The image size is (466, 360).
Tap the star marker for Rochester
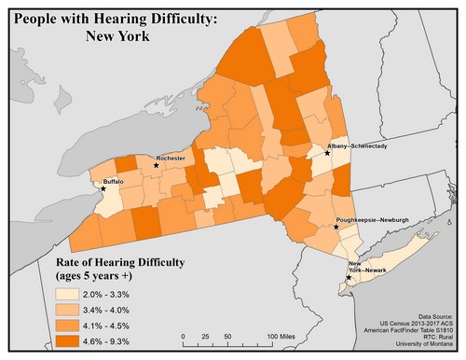pyautogui.click(x=156, y=165)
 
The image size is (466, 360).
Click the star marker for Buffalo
pyautogui.click(x=103, y=188)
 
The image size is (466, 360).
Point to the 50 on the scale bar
pyautogui.click(x=228, y=336)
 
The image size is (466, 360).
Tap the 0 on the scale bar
pyautogui.click(x=184, y=336)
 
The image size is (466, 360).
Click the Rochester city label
pyautogui.click(x=172, y=159)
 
